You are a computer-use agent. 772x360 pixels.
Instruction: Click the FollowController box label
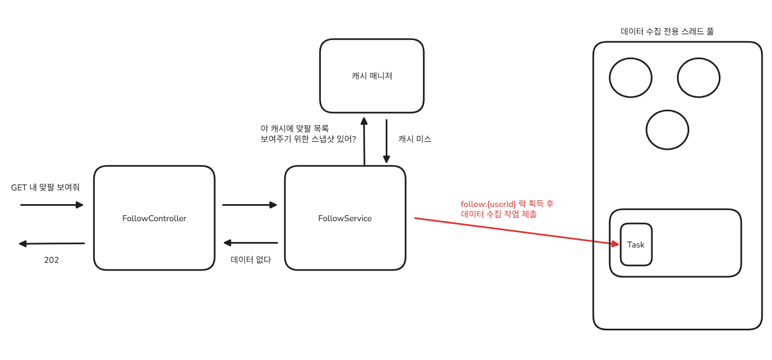pos(154,218)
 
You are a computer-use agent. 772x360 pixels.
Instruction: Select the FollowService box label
pos(345,218)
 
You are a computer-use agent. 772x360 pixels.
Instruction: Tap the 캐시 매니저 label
pos(372,76)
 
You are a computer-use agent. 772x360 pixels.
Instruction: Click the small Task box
pos(636,245)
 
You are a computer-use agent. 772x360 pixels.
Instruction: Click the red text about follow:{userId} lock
pos(508,209)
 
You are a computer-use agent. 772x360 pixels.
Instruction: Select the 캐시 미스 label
pos(415,139)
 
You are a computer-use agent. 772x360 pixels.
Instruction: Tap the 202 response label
pos(52,260)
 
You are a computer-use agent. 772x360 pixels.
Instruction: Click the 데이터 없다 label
pos(251,260)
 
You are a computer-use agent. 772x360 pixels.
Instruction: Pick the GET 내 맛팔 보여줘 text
pos(46,188)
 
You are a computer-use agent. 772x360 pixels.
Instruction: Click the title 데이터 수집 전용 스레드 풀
pos(667,31)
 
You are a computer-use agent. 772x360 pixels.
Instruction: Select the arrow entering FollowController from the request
pos(52,205)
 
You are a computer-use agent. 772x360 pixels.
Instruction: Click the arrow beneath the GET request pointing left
pos(52,243)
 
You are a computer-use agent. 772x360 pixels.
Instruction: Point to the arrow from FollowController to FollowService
pos(250,205)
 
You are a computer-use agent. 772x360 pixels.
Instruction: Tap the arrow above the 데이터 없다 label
pos(251,243)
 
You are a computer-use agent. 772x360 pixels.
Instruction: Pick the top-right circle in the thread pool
pos(698,77)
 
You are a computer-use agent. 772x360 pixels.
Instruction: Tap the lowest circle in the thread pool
pos(667,130)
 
